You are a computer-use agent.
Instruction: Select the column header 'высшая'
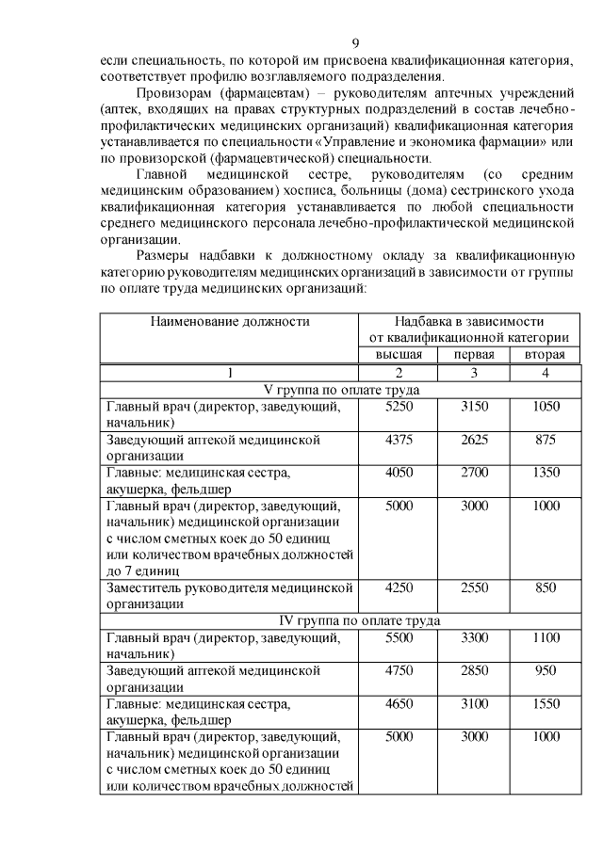(x=399, y=355)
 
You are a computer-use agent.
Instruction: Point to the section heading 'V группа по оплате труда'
(x=339, y=390)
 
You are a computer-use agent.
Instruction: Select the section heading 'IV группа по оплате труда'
(x=339, y=620)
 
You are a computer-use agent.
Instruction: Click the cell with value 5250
(x=399, y=407)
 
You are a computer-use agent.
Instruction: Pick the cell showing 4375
(x=399, y=440)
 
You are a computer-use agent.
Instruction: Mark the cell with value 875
(x=545, y=440)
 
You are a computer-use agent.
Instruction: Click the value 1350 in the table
(x=545, y=473)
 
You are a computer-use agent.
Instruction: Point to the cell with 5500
(x=399, y=637)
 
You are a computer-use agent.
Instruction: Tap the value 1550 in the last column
(x=545, y=704)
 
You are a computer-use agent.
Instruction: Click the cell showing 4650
(x=399, y=704)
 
